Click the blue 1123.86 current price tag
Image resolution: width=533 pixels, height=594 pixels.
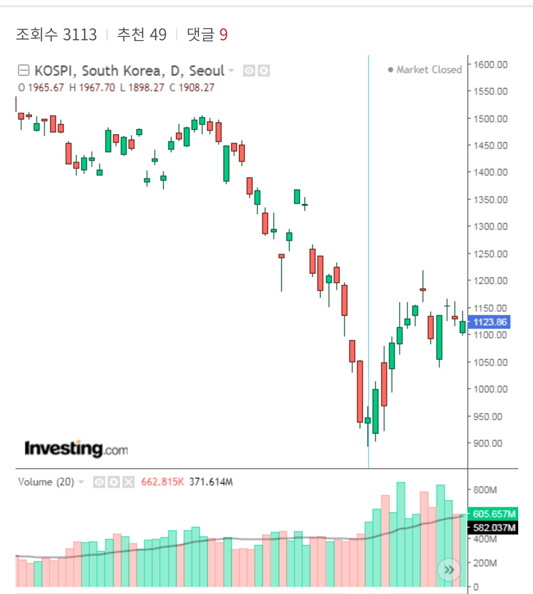pyautogui.click(x=489, y=322)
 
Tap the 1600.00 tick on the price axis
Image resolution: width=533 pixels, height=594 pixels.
pyautogui.click(x=490, y=65)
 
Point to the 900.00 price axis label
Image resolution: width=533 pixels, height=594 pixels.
pyautogui.click(x=488, y=443)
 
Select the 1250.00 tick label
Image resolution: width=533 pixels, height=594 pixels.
pyautogui.click(x=490, y=254)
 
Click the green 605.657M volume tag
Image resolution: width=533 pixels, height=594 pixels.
pyautogui.click(x=493, y=514)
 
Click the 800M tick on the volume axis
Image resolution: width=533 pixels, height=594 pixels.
pyautogui.click(x=485, y=490)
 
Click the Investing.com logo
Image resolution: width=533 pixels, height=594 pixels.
pyautogui.click(x=76, y=449)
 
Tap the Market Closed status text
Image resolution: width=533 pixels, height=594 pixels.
pyautogui.click(x=429, y=70)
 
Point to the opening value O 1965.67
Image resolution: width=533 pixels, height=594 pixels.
pyautogui.click(x=41, y=88)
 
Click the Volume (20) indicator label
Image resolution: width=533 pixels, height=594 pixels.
pyautogui.click(x=46, y=482)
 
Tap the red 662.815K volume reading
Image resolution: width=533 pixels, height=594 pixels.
pyautogui.click(x=162, y=482)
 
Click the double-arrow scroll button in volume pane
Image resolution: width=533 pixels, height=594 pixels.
pyautogui.click(x=449, y=570)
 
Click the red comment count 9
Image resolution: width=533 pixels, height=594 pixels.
pyautogui.click(x=223, y=35)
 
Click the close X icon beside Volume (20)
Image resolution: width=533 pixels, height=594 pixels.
pyautogui.click(x=128, y=482)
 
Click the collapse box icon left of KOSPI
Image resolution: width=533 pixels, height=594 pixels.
pyautogui.click(x=24, y=70)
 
